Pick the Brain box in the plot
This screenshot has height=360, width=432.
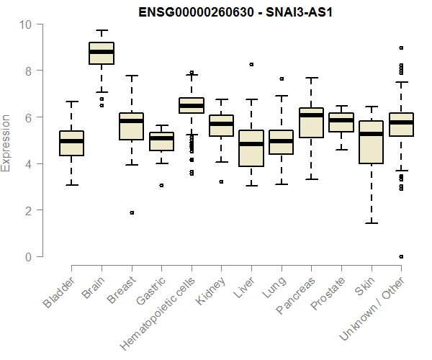click(x=102, y=53)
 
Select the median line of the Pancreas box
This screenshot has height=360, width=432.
click(x=311, y=115)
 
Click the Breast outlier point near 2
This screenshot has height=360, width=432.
click(x=132, y=212)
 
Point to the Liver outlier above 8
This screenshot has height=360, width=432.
click(x=251, y=64)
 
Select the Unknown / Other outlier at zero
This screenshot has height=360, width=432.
click(x=401, y=256)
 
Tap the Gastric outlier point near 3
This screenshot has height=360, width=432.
click(x=161, y=185)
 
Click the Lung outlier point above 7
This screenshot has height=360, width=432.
click(x=282, y=78)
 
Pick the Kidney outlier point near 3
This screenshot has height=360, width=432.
click(x=221, y=181)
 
